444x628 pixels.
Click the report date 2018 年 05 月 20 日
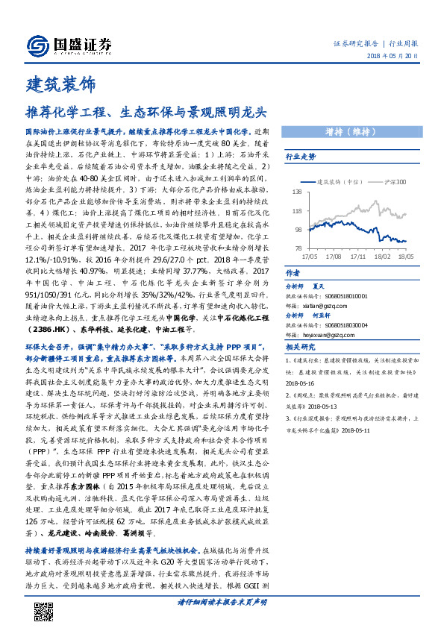(394, 56)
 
